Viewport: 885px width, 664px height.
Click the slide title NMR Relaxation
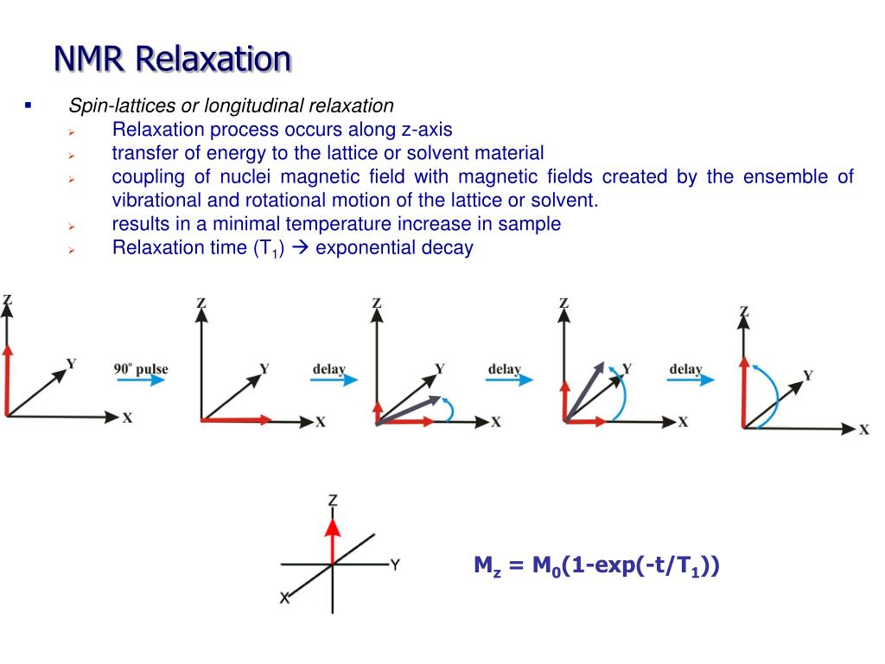point(172,59)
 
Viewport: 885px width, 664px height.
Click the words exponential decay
point(394,248)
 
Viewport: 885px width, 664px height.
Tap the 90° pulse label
point(141,369)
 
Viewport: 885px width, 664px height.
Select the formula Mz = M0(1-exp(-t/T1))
point(596,566)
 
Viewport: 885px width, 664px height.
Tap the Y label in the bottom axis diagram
point(395,565)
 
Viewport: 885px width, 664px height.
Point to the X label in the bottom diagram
point(284,597)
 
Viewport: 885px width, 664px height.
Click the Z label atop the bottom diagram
point(333,501)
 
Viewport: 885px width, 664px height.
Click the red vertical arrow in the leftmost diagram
point(7,380)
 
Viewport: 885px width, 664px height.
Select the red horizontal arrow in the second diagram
point(234,420)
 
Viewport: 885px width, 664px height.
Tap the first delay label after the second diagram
point(328,369)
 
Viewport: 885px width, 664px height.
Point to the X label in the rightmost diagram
point(863,430)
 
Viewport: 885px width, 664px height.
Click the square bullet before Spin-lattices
point(28,106)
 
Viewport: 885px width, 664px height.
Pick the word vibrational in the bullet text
point(153,201)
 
